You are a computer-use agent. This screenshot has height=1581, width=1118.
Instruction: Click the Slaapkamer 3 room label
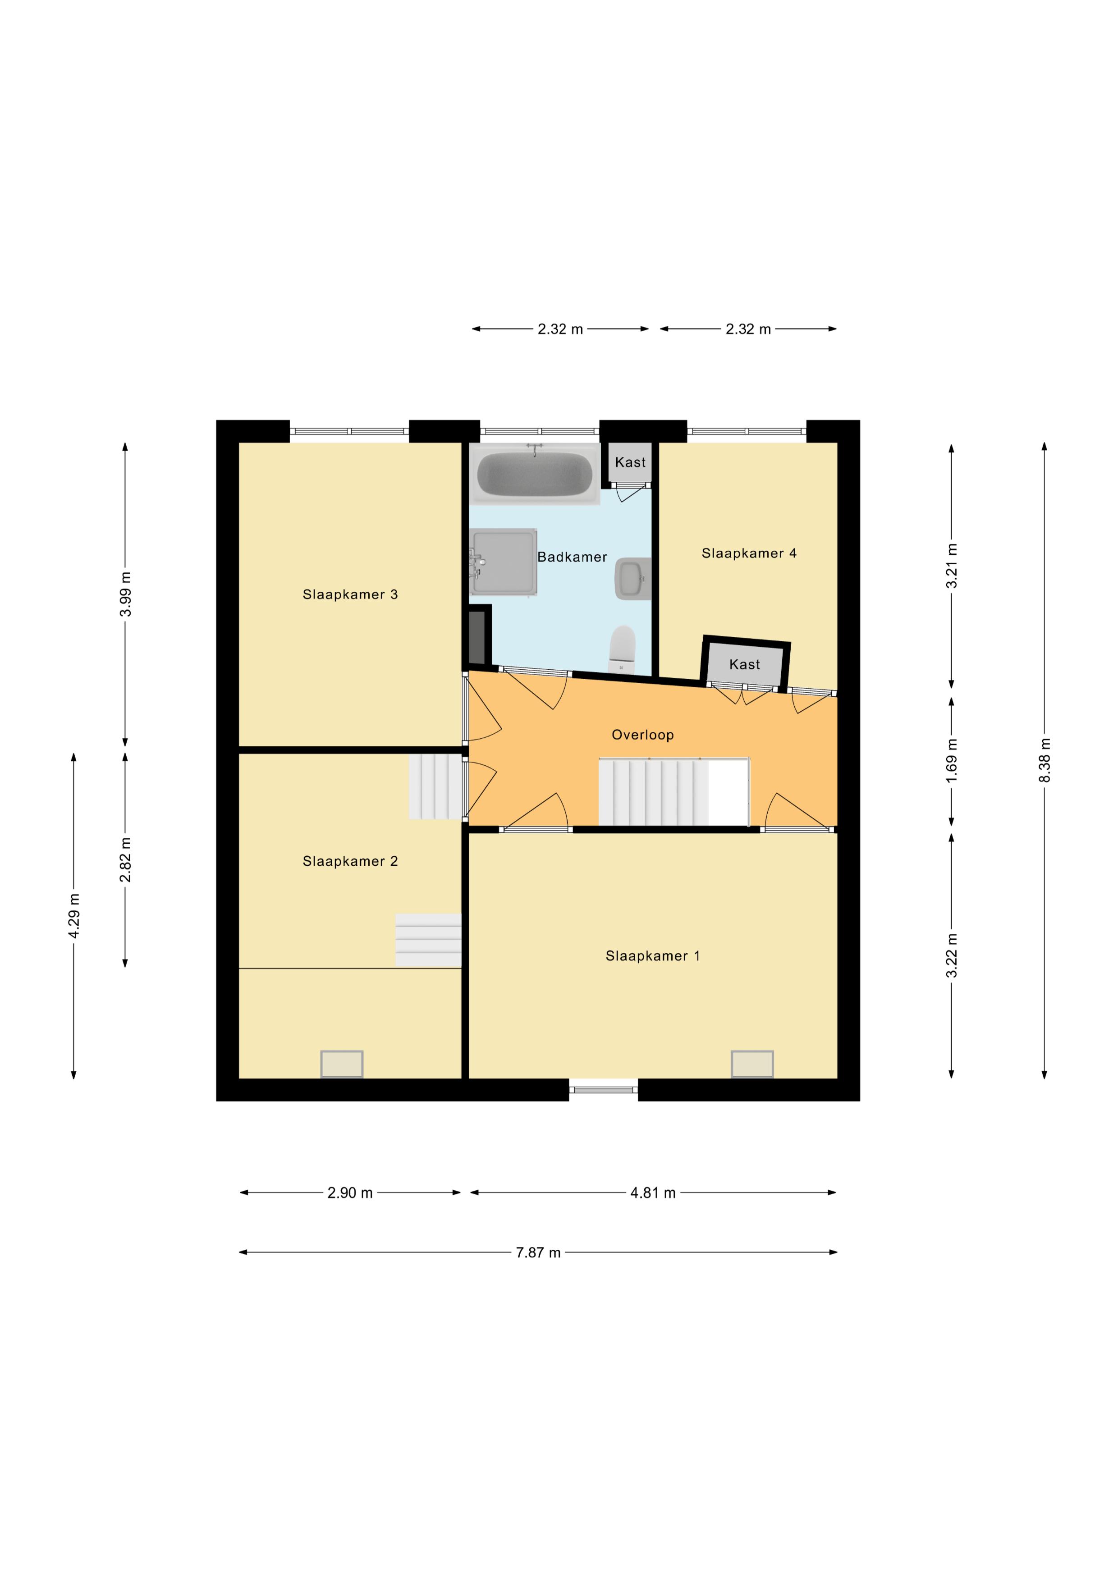tap(350, 594)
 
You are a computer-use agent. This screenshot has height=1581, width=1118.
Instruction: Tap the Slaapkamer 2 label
tap(350, 861)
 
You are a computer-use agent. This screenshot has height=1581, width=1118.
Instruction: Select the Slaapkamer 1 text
tap(652, 956)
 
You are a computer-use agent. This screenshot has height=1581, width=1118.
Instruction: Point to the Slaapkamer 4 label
tap(749, 553)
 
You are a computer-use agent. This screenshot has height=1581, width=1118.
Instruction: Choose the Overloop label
tap(643, 735)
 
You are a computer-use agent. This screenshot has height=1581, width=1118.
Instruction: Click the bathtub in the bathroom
tap(535, 474)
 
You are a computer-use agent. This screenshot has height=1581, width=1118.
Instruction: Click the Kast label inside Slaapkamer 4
tap(745, 664)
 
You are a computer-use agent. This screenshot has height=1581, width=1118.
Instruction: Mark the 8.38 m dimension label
tap(1045, 760)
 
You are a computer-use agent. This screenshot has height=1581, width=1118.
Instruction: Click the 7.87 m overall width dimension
tap(538, 1252)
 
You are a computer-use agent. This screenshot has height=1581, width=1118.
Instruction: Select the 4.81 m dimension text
tap(652, 1193)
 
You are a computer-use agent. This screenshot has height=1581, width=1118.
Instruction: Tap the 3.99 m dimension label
tap(125, 594)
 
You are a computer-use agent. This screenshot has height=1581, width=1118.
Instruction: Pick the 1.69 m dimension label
tap(951, 761)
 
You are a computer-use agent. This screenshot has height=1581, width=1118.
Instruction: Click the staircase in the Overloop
tap(673, 791)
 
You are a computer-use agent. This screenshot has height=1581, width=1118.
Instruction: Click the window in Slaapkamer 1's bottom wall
tap(604, 1089)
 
